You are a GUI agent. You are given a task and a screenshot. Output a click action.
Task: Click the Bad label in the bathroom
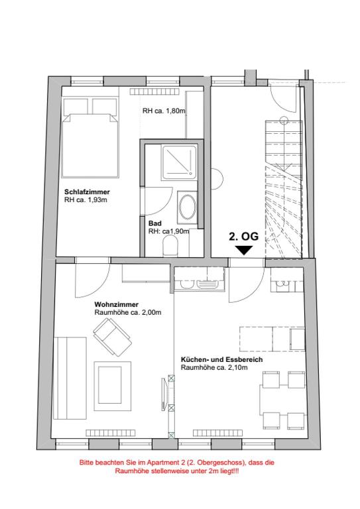(154, 224)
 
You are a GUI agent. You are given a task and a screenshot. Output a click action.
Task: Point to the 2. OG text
(243, 235)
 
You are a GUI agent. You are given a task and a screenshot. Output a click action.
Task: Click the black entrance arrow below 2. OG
(243, 250)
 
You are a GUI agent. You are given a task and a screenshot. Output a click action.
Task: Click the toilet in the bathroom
(171, 247)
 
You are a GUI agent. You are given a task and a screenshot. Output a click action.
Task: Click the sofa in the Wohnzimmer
(68, 374)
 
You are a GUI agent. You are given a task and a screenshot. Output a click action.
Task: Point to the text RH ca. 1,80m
(162, 111)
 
